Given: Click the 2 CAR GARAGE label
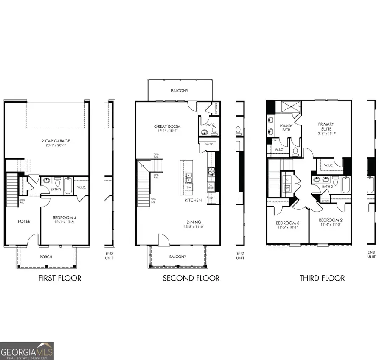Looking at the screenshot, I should [47, 141].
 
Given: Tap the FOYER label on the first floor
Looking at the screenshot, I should [24, 221].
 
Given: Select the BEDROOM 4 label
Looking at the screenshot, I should [65, 218].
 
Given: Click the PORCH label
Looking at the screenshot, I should [46, 256].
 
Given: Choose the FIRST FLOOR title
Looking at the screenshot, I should [60, 279].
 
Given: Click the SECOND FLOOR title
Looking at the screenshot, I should [191, 279].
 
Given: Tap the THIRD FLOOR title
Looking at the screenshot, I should [322, 279].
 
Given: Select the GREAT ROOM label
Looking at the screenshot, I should [167, 126].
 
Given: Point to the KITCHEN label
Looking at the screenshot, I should [193, 200].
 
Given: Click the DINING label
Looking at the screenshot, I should [194, 222].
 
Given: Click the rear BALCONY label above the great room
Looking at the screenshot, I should [180, 91].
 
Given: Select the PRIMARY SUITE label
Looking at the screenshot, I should [326, 127].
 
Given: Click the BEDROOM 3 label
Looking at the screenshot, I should [287, 223].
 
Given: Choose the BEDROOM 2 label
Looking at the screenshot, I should [330, 220].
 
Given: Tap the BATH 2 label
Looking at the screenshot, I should [327, 187].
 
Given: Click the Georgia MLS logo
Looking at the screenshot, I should [27, 351].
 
